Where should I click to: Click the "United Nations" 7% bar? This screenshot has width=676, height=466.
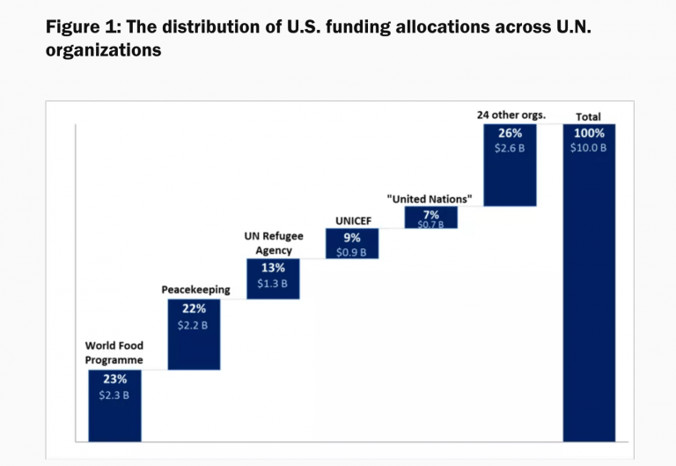[x=431, y=218]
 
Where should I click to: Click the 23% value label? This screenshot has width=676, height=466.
[x=114, y=380]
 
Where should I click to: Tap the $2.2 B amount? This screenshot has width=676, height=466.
[x=194, y=325]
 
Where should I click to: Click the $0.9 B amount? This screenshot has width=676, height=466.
[x=352, y=253]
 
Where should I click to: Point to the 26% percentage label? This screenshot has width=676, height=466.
[x=511, y=133]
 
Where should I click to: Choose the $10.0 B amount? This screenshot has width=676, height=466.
[x=589, y=148]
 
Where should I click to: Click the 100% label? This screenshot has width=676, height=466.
[x=589, y=133]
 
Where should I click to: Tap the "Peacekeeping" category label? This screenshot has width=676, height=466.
[x=195, y=289]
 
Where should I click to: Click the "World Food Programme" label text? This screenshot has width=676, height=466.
[x=114, y=352]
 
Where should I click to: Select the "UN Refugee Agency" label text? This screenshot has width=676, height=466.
[x=273, y=243]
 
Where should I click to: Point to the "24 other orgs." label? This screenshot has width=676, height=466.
[x=511, y=115]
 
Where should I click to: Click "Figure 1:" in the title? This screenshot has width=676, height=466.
[x=84, y=26]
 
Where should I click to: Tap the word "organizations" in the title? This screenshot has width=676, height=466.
[x=103, y=51]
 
